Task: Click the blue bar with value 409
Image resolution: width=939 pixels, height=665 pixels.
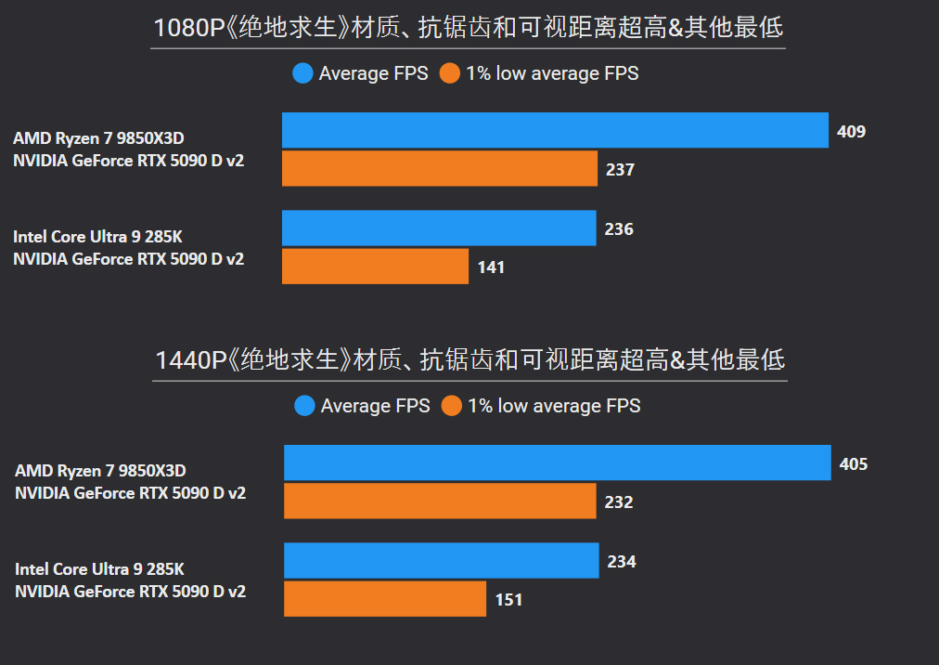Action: pos(555,130)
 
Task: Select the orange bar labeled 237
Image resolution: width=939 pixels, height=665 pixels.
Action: pos(439,169)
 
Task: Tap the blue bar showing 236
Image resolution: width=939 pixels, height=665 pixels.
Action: pos(438,228)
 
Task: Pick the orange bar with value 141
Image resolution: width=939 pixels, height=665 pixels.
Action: pos(375,267)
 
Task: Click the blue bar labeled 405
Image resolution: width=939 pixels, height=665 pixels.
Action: pos(557,463)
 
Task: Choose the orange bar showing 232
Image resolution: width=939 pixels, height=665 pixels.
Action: pos(439,502)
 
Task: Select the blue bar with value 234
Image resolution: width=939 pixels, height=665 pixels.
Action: pos(441,561)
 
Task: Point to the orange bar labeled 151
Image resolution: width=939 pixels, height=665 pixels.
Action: pos(384,599)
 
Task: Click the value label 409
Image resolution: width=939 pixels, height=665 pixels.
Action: pos(851,131)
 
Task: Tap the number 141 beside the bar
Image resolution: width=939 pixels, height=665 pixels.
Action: pos(491,267)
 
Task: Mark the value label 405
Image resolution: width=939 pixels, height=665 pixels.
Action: pos(853,463)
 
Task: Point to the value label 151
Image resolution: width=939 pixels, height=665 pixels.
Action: pos(508,600)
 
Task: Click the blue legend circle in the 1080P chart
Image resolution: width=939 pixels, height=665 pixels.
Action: pos(302,73)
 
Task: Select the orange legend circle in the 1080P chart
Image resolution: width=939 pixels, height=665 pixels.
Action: pos(450,73)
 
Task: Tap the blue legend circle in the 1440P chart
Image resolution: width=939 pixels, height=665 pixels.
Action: pos(304,406)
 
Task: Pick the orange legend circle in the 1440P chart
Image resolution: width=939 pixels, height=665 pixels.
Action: pos(452,406)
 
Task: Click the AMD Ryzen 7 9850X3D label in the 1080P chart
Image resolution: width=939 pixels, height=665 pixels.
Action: pos(98,138)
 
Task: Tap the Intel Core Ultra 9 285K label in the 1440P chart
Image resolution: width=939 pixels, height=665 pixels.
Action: pos(99,568)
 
